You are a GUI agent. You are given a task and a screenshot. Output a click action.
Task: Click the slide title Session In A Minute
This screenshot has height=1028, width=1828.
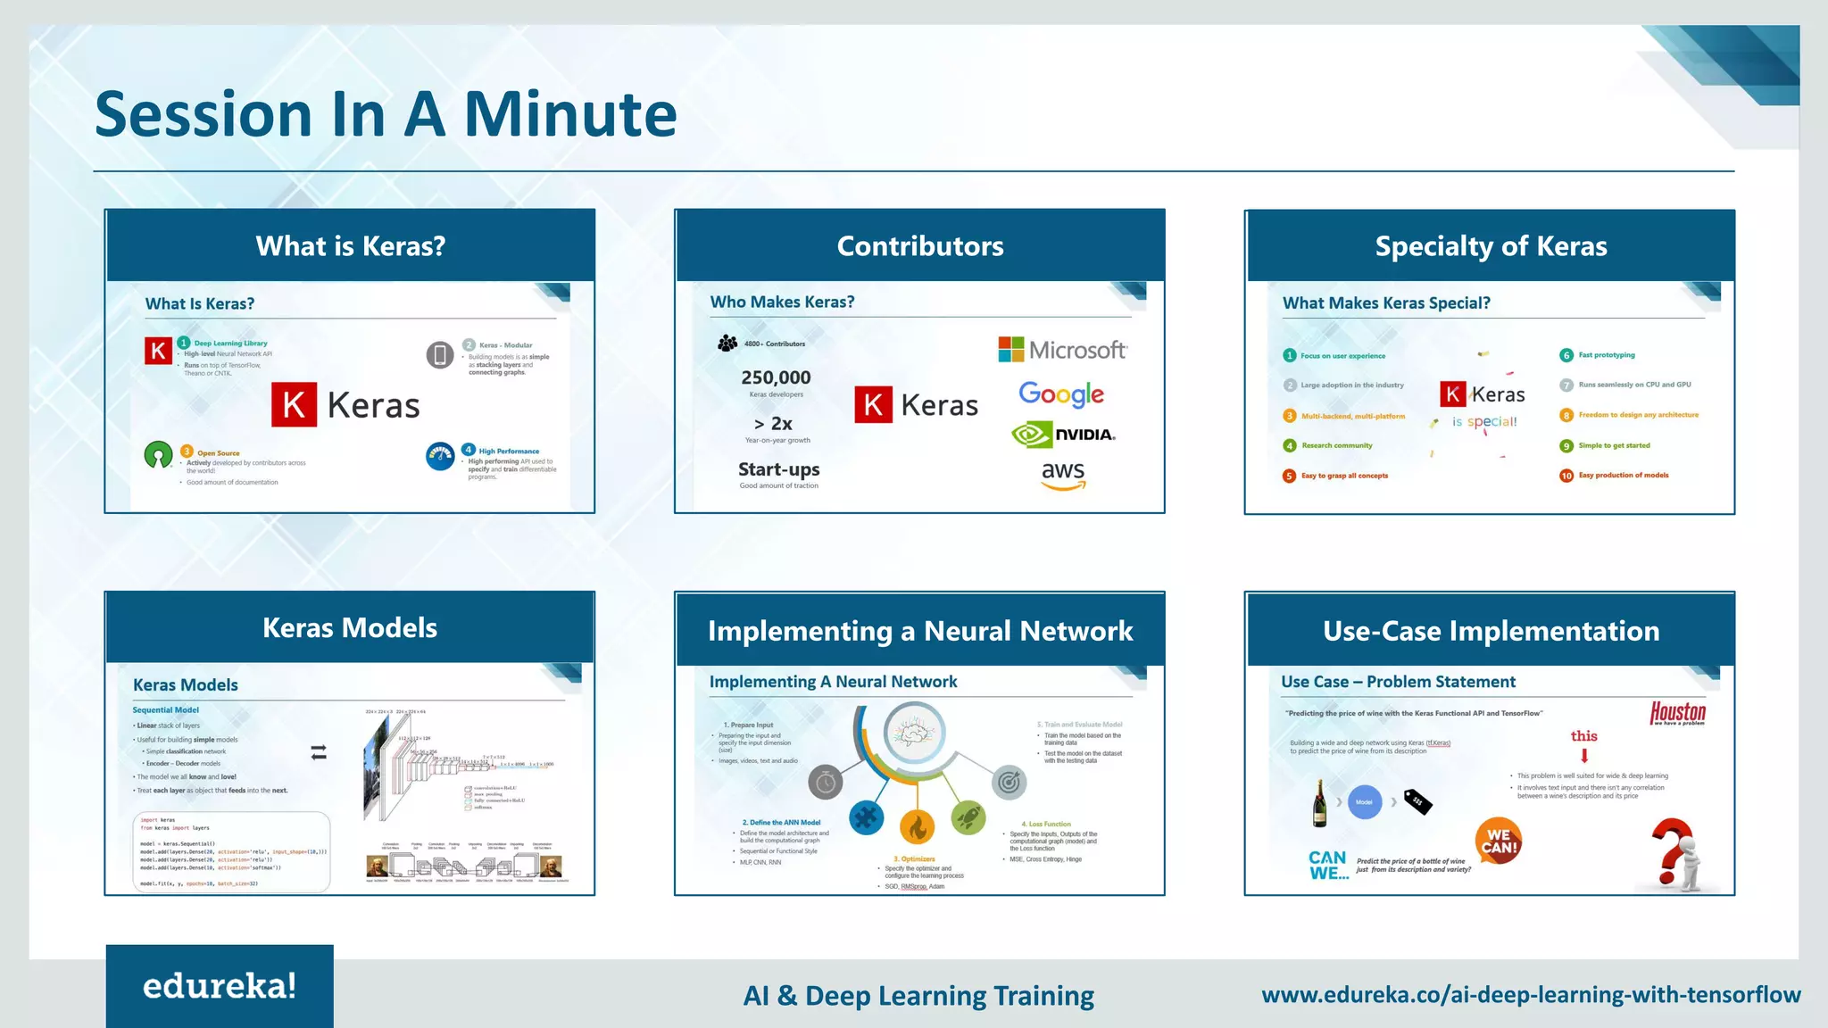tap(386, 114)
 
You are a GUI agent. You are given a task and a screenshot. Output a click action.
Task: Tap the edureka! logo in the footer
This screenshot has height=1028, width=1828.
tap(220, 986)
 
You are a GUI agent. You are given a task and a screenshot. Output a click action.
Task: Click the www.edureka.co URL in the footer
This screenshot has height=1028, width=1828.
tap(1530, 994)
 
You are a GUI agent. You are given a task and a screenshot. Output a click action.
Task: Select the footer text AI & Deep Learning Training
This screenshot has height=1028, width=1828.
tap(918, 995)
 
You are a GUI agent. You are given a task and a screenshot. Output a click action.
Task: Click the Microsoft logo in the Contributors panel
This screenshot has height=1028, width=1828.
tap(1062, 350)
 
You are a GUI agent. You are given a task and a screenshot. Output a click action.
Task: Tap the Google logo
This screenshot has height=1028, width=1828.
tap(1061, 394)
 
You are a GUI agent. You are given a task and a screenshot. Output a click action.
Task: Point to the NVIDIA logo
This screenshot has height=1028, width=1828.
tap(1063, 435)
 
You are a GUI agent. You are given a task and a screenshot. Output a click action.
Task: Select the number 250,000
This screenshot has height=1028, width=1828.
tap(776, 377)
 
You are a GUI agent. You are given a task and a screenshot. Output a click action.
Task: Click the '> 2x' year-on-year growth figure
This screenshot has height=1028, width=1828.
tap(773, 424)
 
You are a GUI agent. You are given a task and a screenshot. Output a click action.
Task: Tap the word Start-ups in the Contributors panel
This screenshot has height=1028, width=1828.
tap(778, 469)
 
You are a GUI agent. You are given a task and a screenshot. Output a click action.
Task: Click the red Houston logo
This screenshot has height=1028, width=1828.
tap(1677, 712)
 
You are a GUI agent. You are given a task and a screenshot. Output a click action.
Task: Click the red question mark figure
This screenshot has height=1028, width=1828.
tap(1675, 854)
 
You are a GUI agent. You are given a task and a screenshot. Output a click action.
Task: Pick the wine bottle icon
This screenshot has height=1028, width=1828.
tap(1319, 802)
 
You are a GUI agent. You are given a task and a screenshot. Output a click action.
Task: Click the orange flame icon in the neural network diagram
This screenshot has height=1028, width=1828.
tap(917, 827)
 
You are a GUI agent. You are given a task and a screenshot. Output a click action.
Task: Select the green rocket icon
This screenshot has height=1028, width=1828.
tap(968, 817)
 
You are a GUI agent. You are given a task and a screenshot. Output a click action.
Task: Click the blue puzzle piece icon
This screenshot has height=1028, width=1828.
tap(866, 817)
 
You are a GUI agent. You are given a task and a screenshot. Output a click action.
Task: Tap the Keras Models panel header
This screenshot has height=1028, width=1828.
tap(350, 627)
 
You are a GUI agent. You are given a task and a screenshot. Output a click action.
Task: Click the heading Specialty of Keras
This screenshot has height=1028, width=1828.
tap(1491, 246)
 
